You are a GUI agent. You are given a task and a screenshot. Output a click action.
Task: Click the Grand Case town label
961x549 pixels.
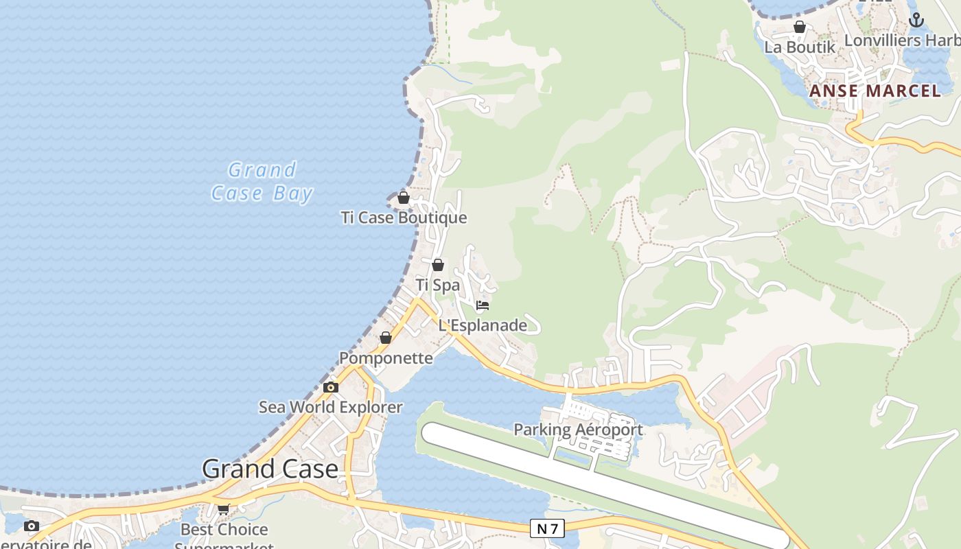tap(270, 469)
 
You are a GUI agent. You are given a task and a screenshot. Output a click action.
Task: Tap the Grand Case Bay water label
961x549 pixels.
tap(262, 182)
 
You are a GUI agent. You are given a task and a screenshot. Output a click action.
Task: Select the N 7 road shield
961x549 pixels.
tap(547, 528)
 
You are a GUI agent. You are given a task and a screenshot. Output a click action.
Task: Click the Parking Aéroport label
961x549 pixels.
tap(578, 430)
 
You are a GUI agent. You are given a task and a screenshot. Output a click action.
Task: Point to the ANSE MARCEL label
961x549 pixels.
tap(875, 91)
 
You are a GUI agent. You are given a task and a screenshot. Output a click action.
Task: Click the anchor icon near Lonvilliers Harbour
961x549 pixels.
tap(916, 21)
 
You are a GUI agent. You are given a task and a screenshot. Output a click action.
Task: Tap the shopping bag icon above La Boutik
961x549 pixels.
tap(800, 27)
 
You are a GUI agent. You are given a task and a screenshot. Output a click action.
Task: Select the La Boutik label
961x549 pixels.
tap(800, 47)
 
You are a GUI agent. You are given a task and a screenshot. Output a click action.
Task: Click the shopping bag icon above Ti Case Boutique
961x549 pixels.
tap(404, 198)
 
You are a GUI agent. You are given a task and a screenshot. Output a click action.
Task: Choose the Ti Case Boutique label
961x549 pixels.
tap(404, 218)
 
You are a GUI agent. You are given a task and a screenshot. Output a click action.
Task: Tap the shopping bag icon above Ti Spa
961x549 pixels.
tap(438, 265)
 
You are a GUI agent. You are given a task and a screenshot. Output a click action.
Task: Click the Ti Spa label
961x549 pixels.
tap(438, 285)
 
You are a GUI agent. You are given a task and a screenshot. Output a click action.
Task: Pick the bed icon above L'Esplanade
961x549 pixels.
tap(483, 305)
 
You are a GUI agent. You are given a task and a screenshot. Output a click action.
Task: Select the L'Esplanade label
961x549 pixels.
tap(483, 325)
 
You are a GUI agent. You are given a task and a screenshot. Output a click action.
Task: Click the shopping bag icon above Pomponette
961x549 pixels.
tap(386, 338)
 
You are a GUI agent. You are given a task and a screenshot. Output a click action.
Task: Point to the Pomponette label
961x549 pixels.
tap(386, 358)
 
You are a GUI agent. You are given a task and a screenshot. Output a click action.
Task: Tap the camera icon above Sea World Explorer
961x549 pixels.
tap(331, 388)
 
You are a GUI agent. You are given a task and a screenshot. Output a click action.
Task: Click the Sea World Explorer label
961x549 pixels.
tap(331, 407)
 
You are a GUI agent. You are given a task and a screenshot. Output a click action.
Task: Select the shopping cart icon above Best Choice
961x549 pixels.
tap(223, 509)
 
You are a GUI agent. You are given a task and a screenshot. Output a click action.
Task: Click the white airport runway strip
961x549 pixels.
tap(604, 484)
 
